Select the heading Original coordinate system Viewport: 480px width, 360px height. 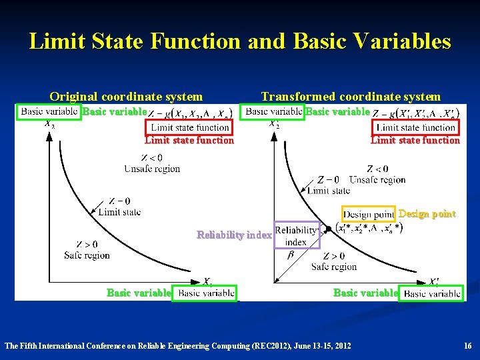(126, 97)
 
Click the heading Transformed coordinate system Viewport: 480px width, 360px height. (351, 97)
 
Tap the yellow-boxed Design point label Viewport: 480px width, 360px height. (369, 215)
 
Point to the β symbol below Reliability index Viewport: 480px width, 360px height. (290, 255)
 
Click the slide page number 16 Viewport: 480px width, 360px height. (467, 346)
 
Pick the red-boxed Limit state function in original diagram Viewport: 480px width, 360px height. (190, 127)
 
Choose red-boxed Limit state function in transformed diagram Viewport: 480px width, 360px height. (416, 127)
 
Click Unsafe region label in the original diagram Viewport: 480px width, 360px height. (152, 169)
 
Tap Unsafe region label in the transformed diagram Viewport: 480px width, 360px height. (377, 179)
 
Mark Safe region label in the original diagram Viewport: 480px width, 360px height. (87, 255)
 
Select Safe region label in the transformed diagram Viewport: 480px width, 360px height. (334, 267)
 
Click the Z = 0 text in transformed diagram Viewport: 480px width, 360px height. (328, 179)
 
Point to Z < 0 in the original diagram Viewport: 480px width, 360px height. (151, 158)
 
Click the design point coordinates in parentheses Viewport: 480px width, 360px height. (369, 228)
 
